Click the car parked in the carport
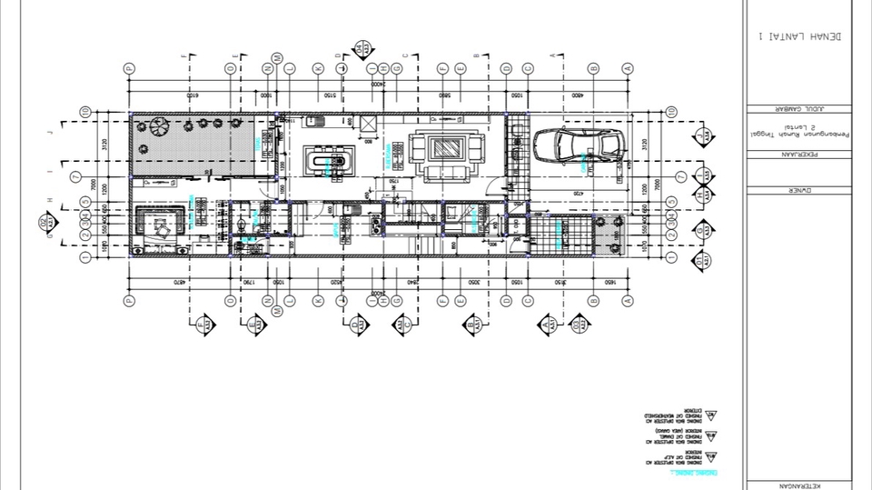click(579, 145)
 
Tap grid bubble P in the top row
click(129, 68)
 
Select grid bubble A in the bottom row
click(627, 300)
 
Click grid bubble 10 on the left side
click(84, 112)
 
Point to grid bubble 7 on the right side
click(671, 175)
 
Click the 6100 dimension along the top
click(192, 95)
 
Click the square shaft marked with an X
click(368, 123)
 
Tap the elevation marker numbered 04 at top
click(361, 49)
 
